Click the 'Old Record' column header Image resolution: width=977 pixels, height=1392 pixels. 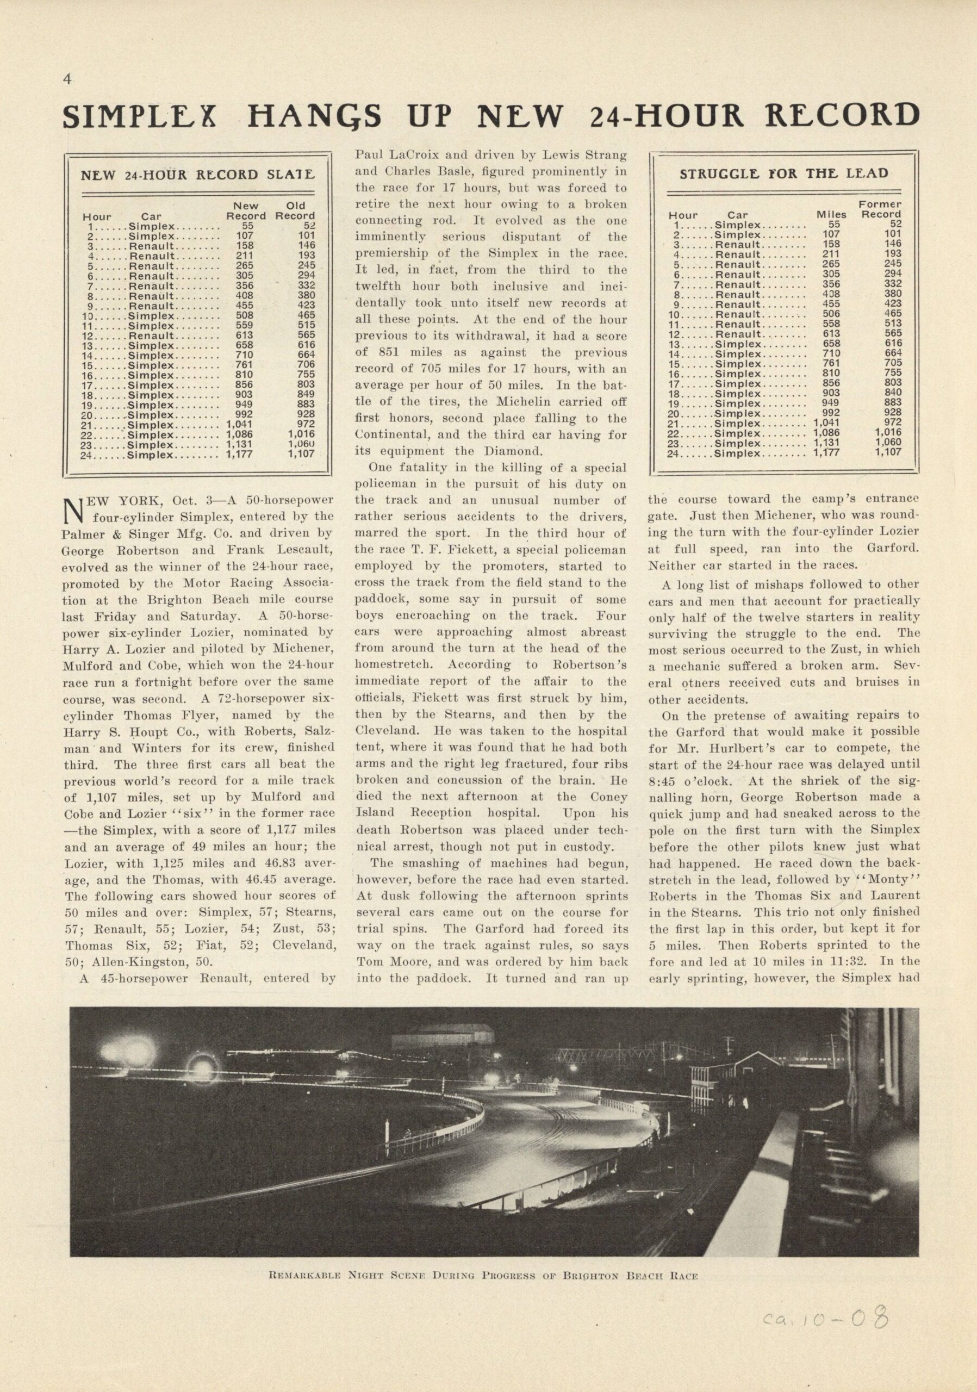coord(295,210)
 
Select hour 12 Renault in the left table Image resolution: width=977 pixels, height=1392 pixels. coord(152,335)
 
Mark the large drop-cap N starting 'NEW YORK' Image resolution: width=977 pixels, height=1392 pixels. coord(73,510)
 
